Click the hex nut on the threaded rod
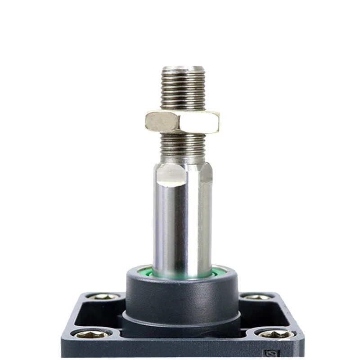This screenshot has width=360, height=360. (182, 122)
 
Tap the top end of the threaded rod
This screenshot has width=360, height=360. (183, 68)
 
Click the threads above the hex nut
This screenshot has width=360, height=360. (183, 90)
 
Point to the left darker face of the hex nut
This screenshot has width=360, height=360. (162, 122)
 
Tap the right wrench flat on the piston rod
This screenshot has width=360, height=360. (206, 173)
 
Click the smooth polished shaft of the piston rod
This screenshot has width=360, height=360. (182, 225)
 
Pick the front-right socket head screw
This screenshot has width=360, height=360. (275, 334)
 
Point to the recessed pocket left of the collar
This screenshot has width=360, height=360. (97, 315)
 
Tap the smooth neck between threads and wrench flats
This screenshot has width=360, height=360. (183, 157)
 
